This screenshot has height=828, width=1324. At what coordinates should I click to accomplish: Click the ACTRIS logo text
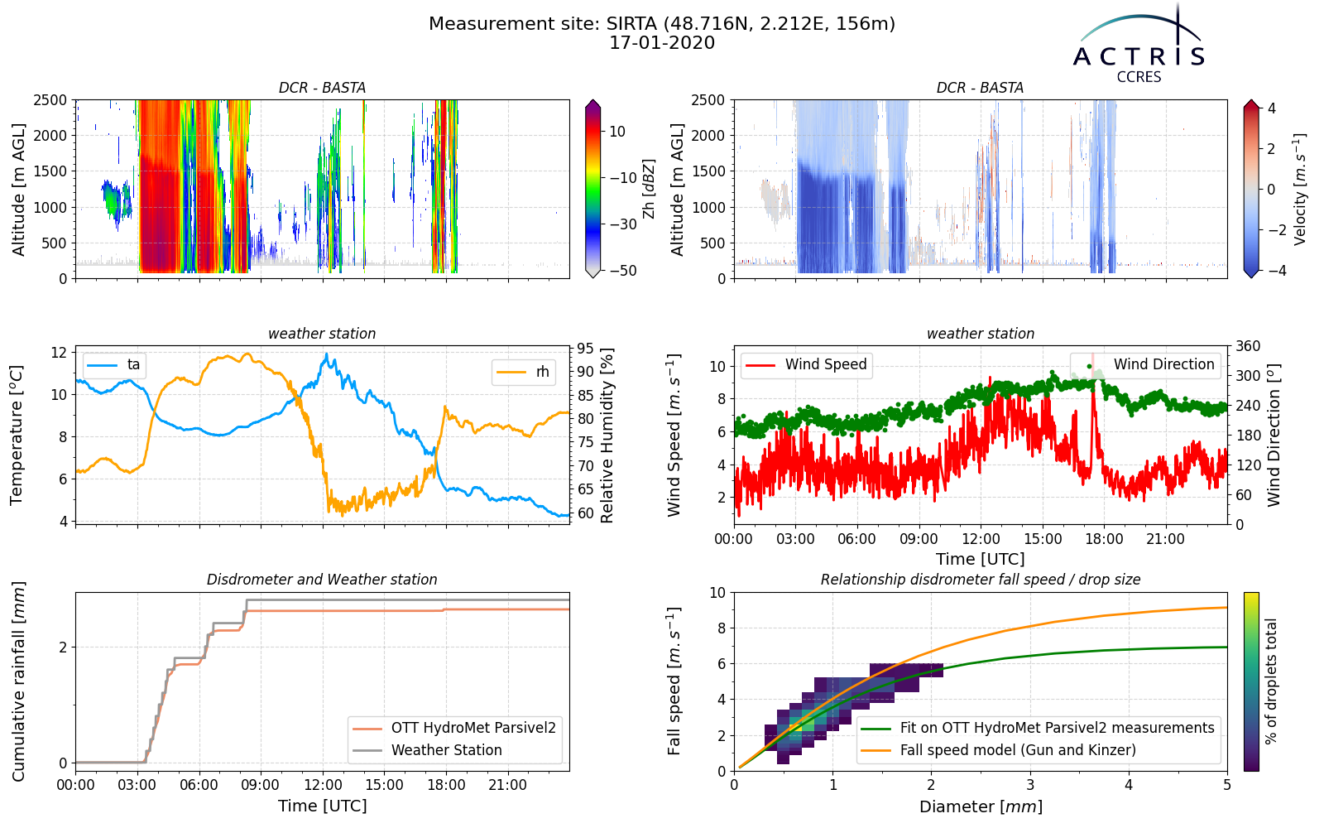(1139, 57)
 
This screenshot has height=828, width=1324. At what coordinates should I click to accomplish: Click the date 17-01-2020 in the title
(662, 43)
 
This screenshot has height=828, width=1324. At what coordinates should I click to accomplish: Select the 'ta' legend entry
(114, 365)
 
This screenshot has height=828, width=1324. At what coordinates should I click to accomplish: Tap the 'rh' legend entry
(524, 372)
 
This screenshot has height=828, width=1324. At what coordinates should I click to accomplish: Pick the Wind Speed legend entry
(806, 365)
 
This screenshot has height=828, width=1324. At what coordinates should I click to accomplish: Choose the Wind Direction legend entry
(1144, 365)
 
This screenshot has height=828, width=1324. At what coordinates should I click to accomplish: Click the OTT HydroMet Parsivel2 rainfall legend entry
(454, 728)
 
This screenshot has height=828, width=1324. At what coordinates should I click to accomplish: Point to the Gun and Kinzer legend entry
(998, 750)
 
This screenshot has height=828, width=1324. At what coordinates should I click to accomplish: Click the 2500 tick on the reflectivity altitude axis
(50, 100)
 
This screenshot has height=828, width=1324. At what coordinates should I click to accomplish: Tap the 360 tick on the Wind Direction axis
(1249, 346)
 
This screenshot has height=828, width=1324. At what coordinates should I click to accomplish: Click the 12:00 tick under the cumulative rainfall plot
(323, 786)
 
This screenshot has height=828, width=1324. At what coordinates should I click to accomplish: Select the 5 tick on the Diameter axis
(1227, 786)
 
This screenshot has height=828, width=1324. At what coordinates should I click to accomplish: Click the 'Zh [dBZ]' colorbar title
(649, 189)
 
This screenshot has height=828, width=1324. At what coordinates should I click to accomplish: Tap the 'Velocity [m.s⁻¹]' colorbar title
(1299, 190)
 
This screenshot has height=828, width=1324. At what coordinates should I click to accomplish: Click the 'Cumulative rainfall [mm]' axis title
(18, 681)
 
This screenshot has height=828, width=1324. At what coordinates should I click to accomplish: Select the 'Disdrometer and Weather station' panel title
(322, 580)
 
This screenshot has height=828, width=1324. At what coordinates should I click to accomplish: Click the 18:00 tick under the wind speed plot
(1104, 539)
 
